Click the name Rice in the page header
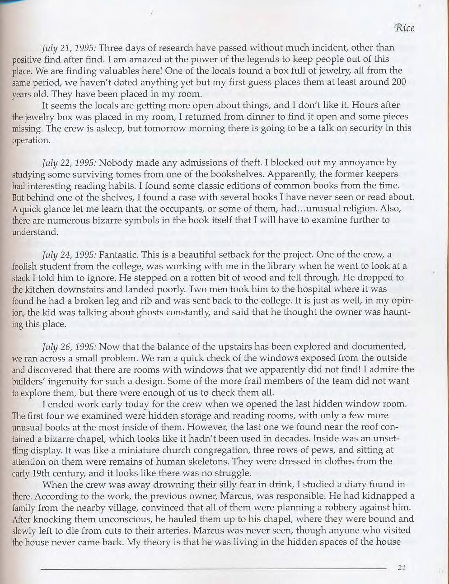[404, 28]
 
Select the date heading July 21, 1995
[68, 47]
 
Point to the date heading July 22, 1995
[68, 162]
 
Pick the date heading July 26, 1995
[68, 346]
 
